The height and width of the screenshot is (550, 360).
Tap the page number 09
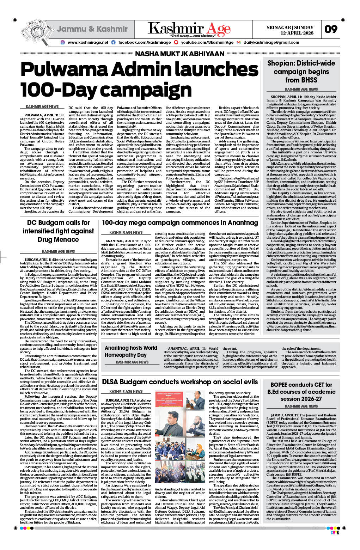(331, 29)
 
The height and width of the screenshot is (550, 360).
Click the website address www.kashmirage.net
(88, 42)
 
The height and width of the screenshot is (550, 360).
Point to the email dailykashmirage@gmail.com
(271, 42)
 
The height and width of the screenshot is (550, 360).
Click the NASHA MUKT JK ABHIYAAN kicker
(179, 54)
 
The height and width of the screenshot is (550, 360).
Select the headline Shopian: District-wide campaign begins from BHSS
(301, 72)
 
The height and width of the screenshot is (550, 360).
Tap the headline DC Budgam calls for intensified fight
(58, 231)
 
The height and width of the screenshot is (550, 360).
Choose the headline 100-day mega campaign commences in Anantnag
(180, 223)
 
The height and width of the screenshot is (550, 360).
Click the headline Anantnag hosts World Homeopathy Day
(131, 351)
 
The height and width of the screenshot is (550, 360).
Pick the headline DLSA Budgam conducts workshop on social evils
(180, 382)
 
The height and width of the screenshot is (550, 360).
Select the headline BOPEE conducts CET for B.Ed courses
(301, 392)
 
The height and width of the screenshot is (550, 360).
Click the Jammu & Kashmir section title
(92, 29)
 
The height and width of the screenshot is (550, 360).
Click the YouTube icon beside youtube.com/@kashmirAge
(176, 42)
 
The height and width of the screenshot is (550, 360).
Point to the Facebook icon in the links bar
(113, 42)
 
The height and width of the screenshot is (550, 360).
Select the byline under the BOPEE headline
(301, 406)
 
